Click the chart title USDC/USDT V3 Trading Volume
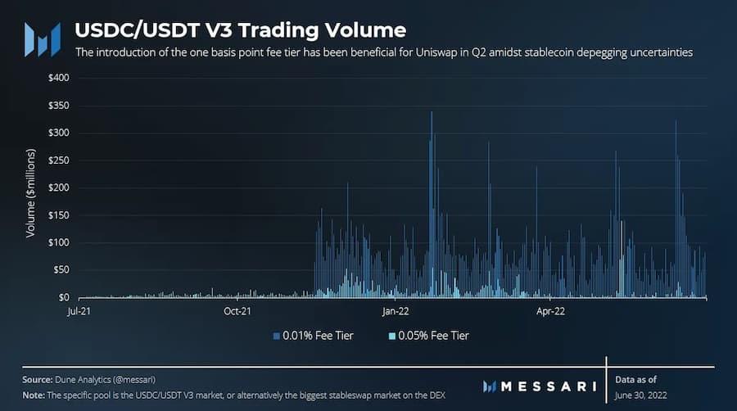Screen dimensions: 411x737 (x=240, y=30)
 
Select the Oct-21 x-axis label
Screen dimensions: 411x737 (x=236, y=312)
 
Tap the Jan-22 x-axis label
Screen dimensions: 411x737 (x=395, y=312)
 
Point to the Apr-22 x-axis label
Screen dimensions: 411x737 (x=549, y=312)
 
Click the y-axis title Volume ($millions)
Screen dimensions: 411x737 (x=30, y=193)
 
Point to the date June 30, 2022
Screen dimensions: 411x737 (x=644, y=395)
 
